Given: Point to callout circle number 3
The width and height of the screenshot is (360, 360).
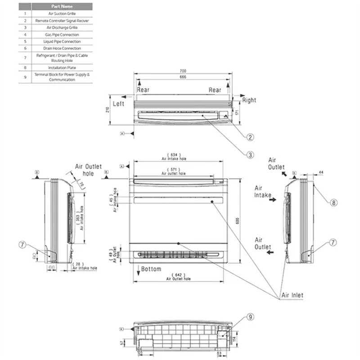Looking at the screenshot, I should pos(251,154).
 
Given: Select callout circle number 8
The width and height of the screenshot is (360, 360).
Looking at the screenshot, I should pos(333,203).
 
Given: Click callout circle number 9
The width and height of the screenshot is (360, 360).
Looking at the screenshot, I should pos(251,318).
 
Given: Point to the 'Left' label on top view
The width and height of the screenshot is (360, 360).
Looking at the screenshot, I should pos(119,103).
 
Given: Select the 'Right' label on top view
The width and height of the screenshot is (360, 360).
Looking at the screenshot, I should pos(249,100).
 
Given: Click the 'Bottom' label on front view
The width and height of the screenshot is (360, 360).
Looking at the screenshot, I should pos(151,269).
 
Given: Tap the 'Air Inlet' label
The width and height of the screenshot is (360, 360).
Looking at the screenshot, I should pos(292,295).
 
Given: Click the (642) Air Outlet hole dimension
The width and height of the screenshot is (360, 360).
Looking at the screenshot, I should pos(179,276).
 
